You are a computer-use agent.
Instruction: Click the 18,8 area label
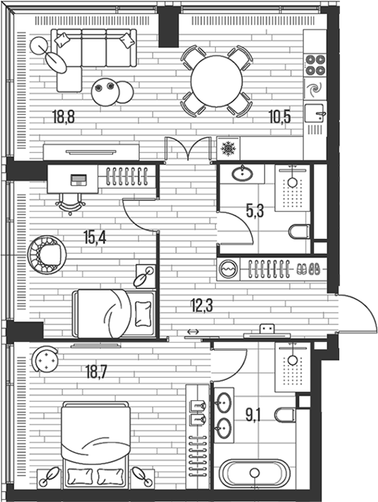tap(64, 116)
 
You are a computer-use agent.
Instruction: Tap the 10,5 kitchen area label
tap(280, 116)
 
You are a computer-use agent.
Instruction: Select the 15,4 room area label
tap(95, 237)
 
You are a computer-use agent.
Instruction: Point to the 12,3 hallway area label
tap(202, 305)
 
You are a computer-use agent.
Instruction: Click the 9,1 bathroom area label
tap(253, 416)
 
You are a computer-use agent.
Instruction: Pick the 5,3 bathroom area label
tap(255, 211)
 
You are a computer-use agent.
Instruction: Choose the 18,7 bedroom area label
tap(96, 371)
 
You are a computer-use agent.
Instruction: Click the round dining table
tap(216, 81)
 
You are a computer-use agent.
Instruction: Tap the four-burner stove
tap(315, 65)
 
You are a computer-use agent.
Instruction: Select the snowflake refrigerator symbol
tap(228, 148)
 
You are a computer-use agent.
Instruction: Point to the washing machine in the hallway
tap(228, 269)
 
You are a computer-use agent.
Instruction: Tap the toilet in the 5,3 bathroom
tap(299, 232)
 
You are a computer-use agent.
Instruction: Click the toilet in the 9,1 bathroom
tap(285, 415)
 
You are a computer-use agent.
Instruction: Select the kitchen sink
tap(315, 113)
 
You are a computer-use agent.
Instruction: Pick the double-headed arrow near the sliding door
tap(192, 331)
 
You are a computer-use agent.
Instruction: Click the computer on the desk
tap(78, 179)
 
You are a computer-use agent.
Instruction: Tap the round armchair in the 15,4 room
tap(47, 255)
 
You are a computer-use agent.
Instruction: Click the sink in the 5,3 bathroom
tap(242, 174)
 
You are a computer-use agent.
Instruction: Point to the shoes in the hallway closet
tap(309, 269)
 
